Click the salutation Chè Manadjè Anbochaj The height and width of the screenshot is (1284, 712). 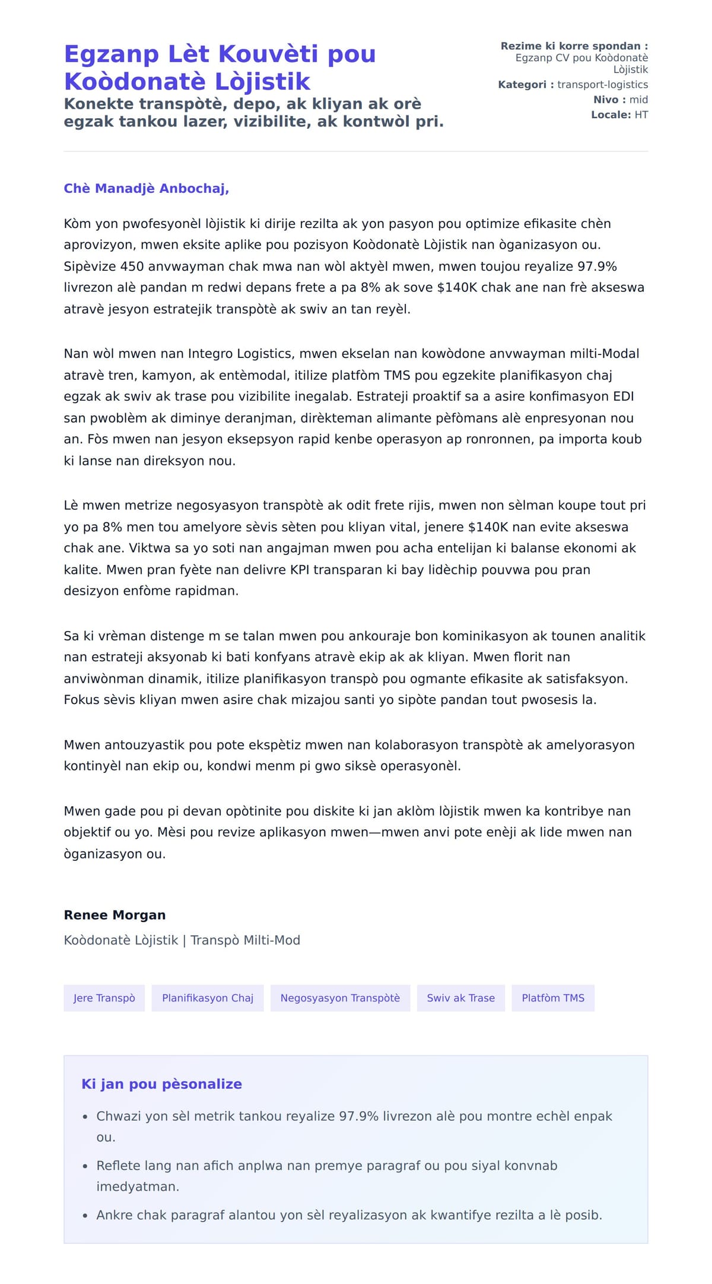[146, 189]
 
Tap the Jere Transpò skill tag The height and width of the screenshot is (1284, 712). [104, 998]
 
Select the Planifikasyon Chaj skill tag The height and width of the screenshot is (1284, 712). [207, 998]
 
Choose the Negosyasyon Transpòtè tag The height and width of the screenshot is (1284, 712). [340, 998]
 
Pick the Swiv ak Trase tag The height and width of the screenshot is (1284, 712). [460, 998]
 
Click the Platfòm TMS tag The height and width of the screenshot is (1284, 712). [552, 998]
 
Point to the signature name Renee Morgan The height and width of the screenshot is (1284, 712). [115, 915]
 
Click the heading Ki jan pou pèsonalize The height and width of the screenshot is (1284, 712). [161, 1084]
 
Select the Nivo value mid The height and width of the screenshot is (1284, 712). [638, 100]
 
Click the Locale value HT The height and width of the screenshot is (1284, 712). [641, 115]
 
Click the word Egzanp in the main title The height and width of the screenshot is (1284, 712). [111, 54]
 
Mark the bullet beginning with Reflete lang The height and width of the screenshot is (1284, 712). [326, 1176]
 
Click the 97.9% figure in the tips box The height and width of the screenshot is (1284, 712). [358, 1116]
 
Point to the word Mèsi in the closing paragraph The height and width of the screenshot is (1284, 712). [172, 832]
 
